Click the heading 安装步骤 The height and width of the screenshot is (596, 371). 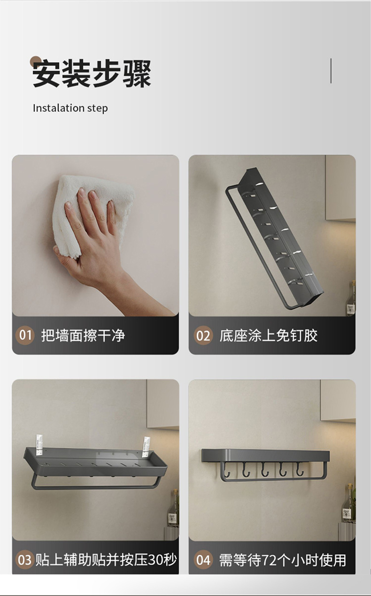[x=92, y=74]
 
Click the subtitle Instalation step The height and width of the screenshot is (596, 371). [x=70, y=108]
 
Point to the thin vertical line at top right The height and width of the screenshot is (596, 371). [x=331, y=71]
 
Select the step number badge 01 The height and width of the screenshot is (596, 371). [x=25, y=335]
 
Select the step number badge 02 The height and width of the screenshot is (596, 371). [x=203, y=335]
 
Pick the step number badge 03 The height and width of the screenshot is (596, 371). [x=25, y=559]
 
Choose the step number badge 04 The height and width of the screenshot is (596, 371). [x=203, y=559]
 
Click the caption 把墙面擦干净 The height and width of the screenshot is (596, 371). [x=83, y=335]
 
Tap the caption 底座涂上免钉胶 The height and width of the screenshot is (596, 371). [x=269, y=335]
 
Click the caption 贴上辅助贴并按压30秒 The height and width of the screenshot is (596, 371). [x=106, y=559]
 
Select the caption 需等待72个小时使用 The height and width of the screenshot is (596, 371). [x=283, y=560]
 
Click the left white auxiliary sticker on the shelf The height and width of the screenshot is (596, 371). [x=39, y=445]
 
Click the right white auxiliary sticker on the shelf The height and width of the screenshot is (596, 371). [x=146, y=447]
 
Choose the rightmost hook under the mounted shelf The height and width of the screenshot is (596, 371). [x=300, y=469]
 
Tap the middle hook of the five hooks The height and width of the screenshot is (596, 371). [x=263, y=469]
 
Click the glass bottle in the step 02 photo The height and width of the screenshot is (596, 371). [x=351, y=298]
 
